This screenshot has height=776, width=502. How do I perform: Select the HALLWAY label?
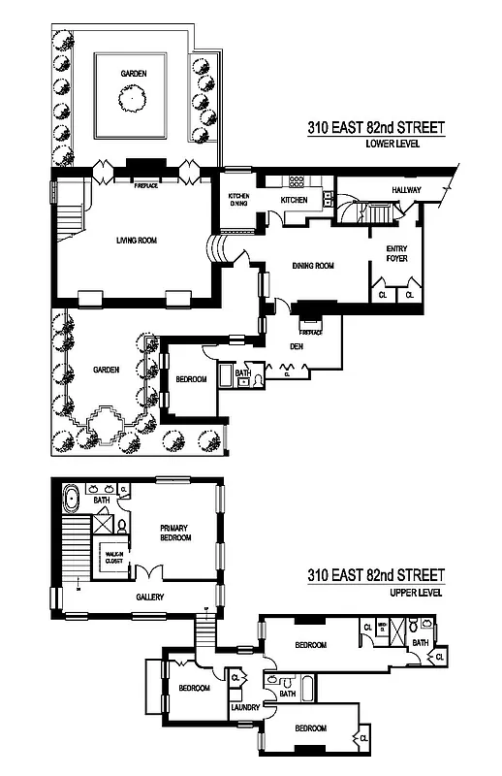tap(406, 190)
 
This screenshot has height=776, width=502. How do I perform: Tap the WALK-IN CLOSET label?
tap(104, 557)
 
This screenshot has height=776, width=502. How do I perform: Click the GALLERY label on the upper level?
tap(149, 597)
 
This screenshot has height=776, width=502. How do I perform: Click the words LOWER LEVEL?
tap(390, 145)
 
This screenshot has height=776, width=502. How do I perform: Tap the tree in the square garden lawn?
tap(132, 95)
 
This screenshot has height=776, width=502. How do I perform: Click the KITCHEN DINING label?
tap(238, 201)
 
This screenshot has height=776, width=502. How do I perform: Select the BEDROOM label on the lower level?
tap(189, 379)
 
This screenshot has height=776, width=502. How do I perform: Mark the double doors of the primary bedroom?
tap(147, 573)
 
